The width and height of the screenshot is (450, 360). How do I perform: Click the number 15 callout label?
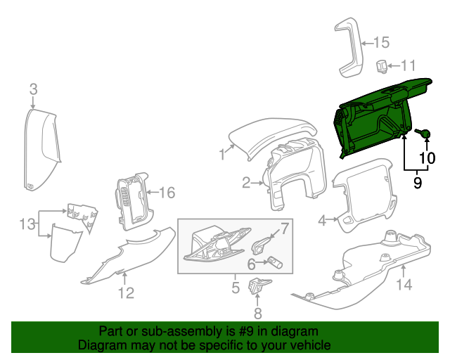click(380, 41)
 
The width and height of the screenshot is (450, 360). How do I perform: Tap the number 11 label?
click(409, 66)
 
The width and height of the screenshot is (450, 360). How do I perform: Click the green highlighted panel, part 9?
click(376, 116)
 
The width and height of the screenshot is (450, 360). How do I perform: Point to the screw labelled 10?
click(424, 132)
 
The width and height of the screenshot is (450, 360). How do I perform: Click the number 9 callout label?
click(417, 183)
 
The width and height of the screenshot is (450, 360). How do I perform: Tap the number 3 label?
click(33, 89)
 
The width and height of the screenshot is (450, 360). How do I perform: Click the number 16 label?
click(165, 193)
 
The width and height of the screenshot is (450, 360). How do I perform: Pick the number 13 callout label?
click(27, 224)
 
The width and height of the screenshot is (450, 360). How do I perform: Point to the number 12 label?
click(126, 293)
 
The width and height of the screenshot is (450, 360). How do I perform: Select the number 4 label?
click(323, 221)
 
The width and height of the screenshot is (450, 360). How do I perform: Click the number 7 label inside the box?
click(285, 227)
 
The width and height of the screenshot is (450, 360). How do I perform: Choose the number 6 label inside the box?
click(250, 264)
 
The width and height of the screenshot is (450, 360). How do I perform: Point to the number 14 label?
click(404, 285)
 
